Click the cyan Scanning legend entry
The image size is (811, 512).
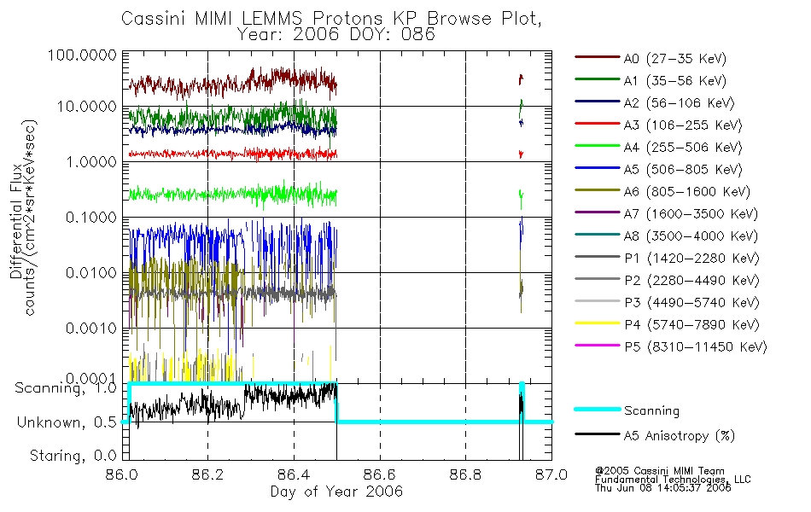pos(651,410)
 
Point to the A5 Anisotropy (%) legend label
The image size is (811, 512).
pos(680,436)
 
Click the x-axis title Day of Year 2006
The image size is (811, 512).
pos(336,492)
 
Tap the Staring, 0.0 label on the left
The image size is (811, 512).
pos(73,457)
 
